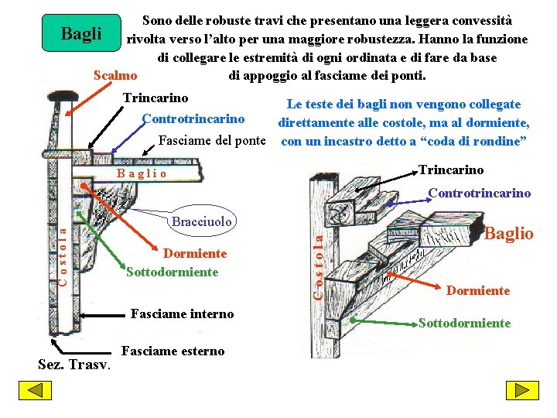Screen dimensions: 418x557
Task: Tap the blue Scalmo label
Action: click(x=115, y=76)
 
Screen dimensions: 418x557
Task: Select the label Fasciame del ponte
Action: click(x=211, y=141)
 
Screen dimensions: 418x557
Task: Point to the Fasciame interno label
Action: click(x=183, y=313)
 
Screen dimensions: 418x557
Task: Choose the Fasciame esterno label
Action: click(x=173, y=351)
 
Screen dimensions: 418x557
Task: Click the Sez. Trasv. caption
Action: click(x=75, y=364)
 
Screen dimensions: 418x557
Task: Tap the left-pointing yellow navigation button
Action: click(x=35, y=391)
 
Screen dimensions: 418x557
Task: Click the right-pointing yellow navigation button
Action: click(x=523, y=391)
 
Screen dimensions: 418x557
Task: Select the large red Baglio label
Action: click(x=508, y=233)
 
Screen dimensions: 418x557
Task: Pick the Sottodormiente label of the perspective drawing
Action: click(x=464, y=323)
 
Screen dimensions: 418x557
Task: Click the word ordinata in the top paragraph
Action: click(x=371, y=57)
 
